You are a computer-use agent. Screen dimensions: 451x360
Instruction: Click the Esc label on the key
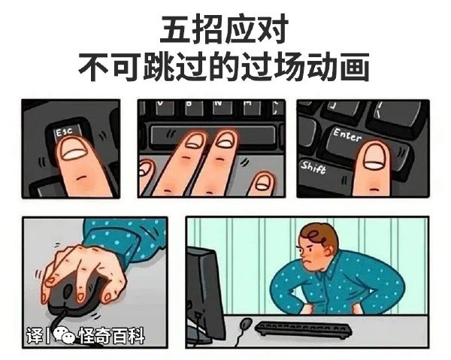point(64,132)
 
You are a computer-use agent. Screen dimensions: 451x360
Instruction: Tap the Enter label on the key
point(347,135)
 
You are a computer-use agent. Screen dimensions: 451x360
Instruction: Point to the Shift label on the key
point(313,168)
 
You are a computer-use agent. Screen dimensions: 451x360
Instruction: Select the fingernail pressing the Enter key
point(376,157)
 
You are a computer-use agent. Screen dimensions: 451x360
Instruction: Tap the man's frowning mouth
point(308,262)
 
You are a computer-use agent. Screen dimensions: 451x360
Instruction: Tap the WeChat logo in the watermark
point(64,334)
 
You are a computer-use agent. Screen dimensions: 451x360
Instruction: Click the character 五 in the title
point(176,29)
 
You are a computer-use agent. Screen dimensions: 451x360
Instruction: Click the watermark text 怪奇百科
point(111,335)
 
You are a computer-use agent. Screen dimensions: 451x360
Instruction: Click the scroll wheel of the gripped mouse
point(68,292)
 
